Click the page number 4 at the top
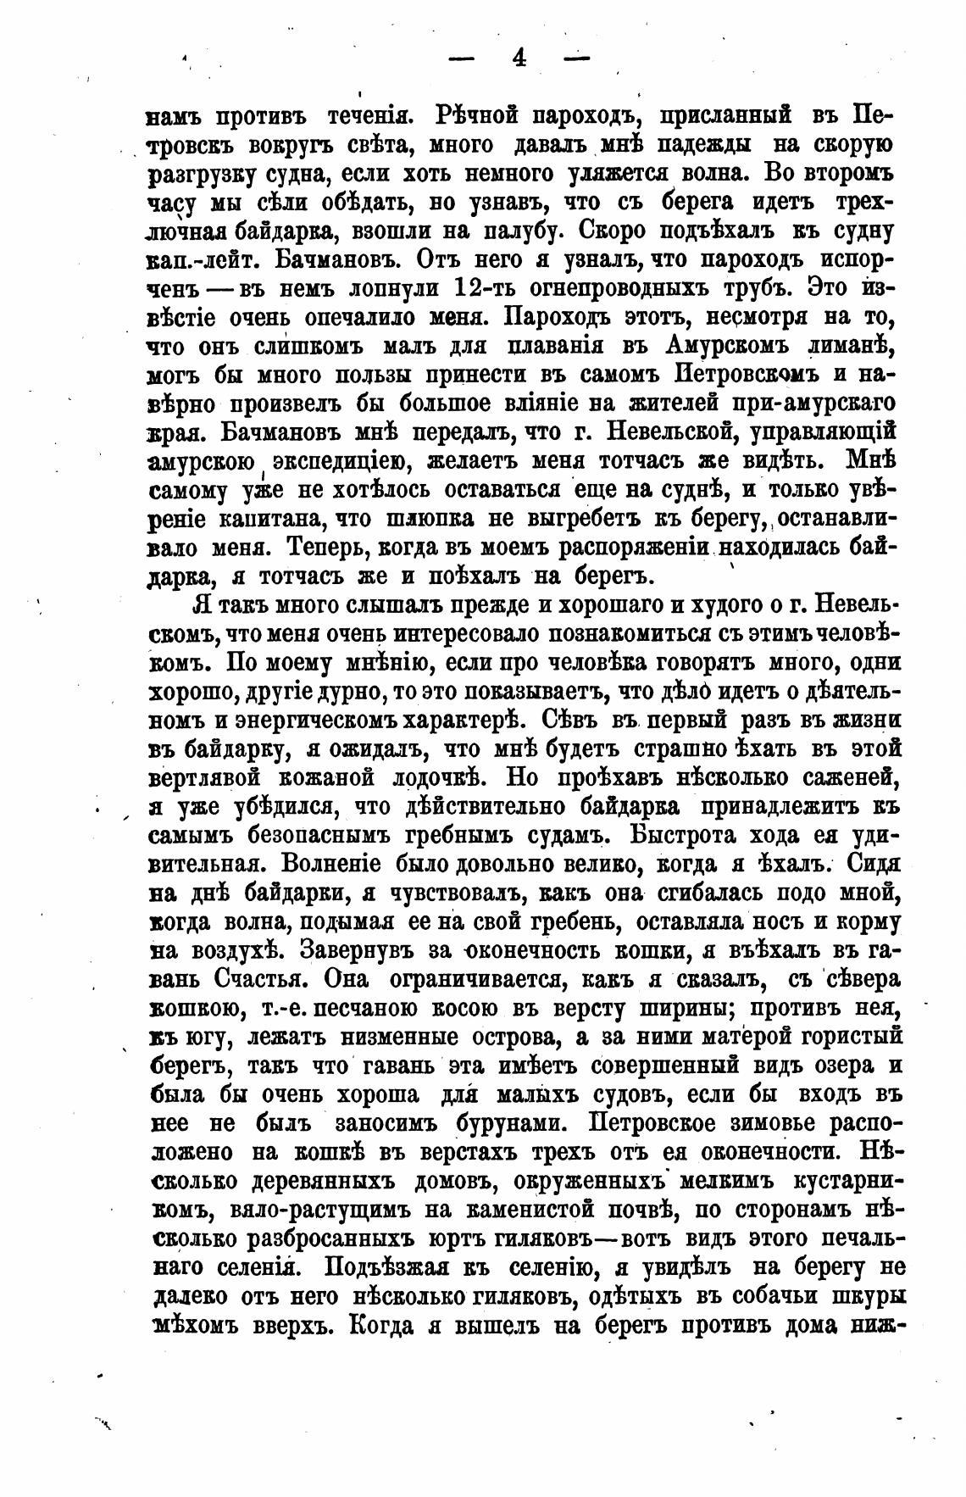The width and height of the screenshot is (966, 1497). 518,58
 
